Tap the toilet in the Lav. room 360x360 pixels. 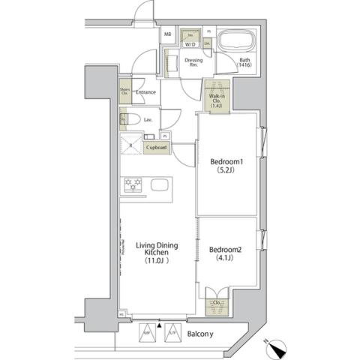click(x=127, y=119)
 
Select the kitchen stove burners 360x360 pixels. click(x=132, y=184)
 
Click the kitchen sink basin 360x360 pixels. click(x=160, y=185)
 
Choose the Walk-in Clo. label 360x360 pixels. click(x=216, y=97)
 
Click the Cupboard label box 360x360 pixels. click(x=157, y=147)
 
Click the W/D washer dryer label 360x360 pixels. click(x=190, y=44)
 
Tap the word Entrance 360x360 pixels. click(x=145, y=92)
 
